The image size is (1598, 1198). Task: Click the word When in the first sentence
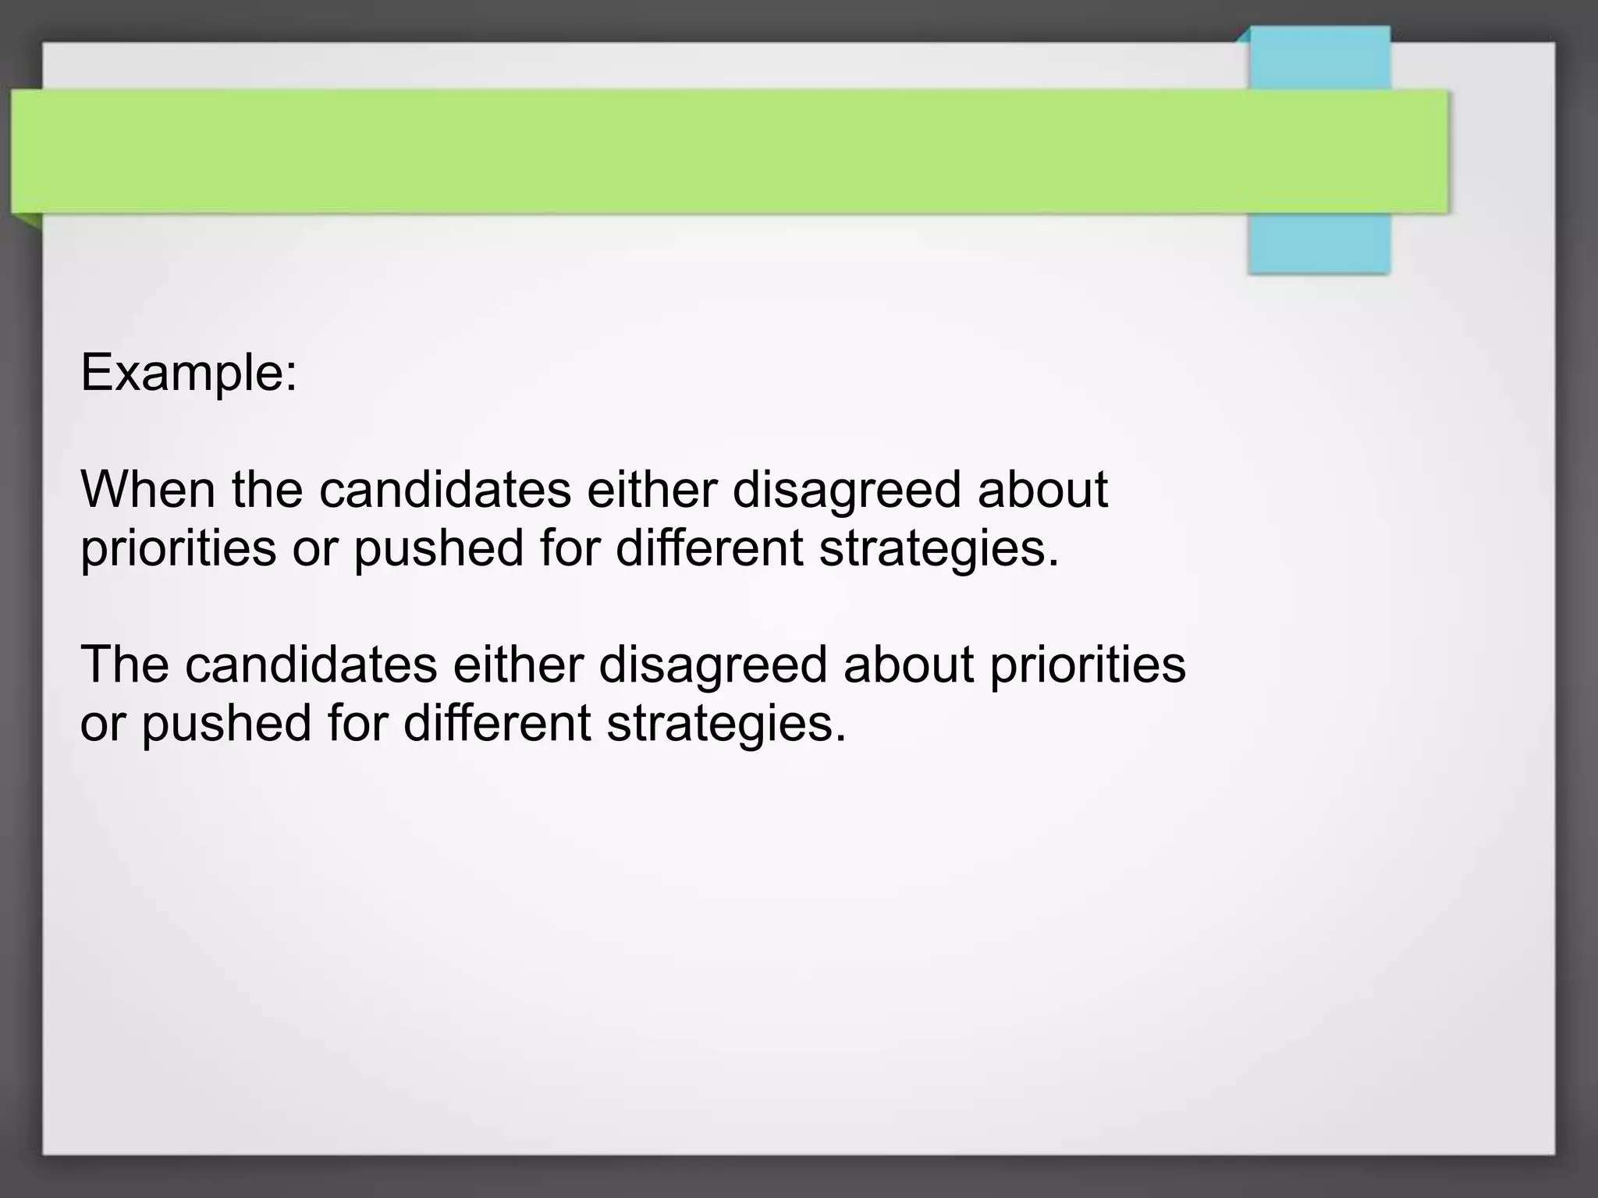pyautogui.click(x=147, y=490)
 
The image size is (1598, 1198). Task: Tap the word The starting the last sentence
pyautogui.click(x=125, y=665)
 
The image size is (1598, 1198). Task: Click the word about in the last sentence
pyautogui.click(x=908, y=665)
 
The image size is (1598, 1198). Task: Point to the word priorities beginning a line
pyautogui.click(x=178, y=548)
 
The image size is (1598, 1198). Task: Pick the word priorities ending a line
pyautogui.click(x=1088, y=665)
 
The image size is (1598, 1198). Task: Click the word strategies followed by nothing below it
pyautogui.click(x=726, y=724)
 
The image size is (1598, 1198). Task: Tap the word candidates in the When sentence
pyautogui.click(x=445, y=490)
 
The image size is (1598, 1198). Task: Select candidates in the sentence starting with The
pyautogui.click(x=311, y=665)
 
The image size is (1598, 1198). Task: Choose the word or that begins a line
pyautogui.click(x=102, y=724)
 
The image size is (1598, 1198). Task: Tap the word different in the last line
pyautogui.click(x=497, y=724)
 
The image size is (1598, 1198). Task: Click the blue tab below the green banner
pyautogui.click(x=1319, y=243)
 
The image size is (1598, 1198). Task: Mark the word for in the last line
pyautogui.click(x=357, y=724)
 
